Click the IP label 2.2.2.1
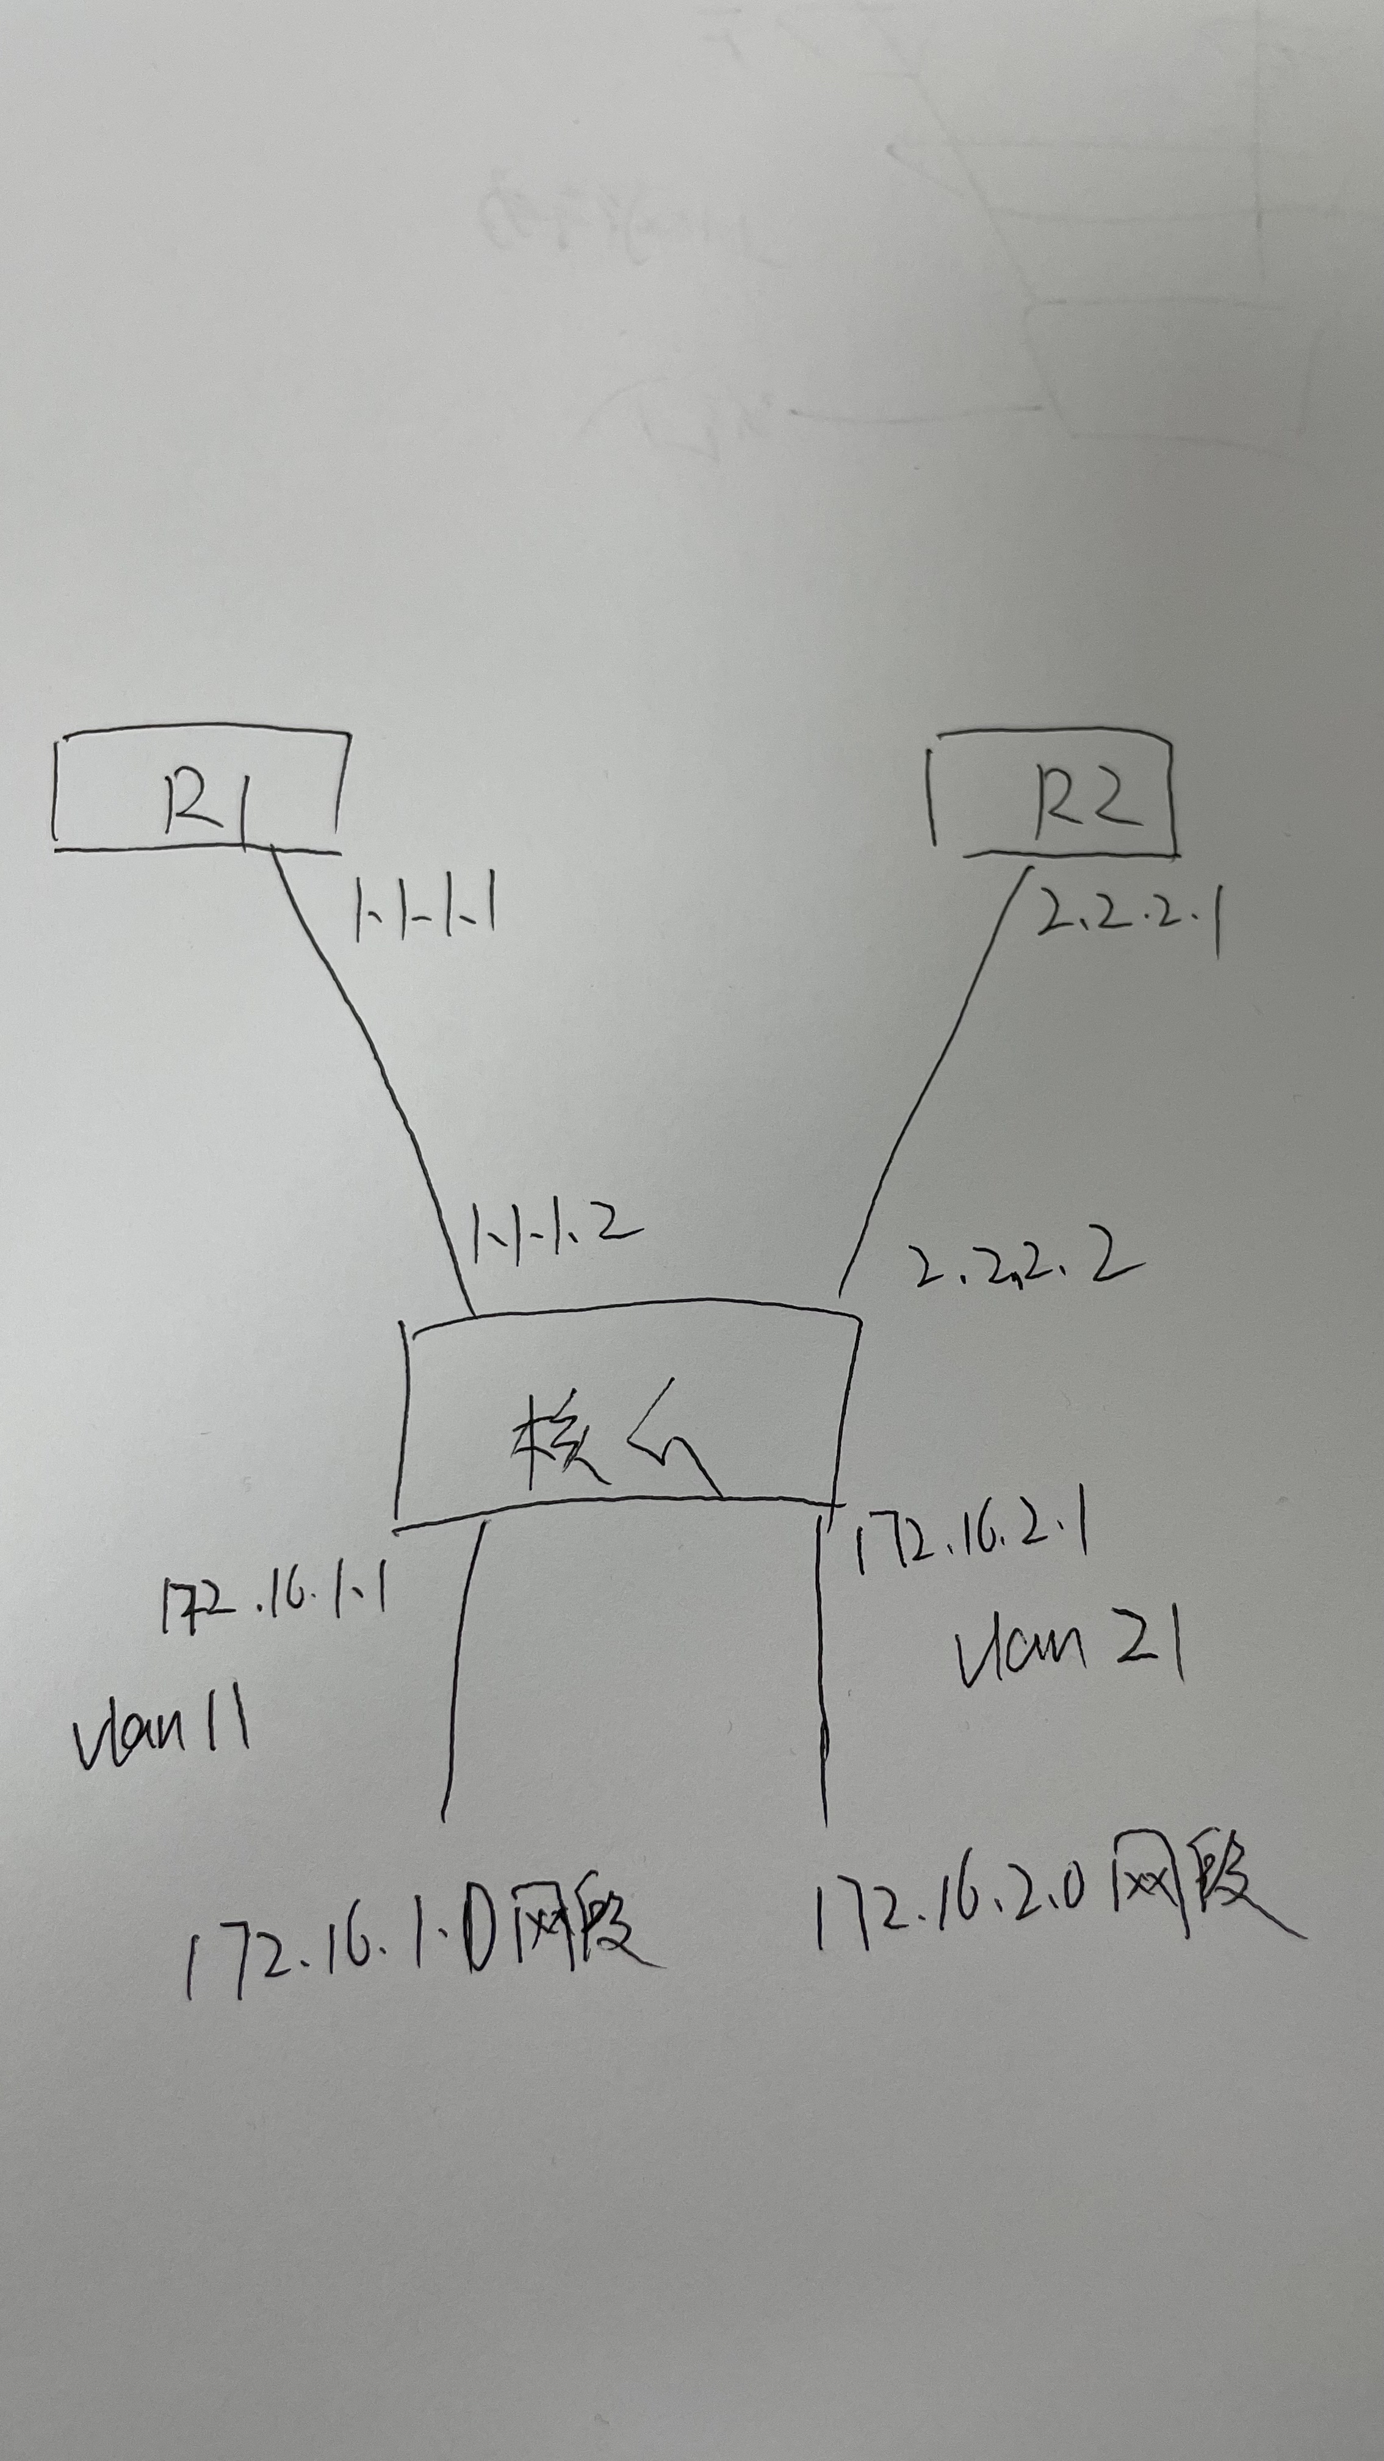(x=1127, y=915)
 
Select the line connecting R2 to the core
(x=931, y=1080)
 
